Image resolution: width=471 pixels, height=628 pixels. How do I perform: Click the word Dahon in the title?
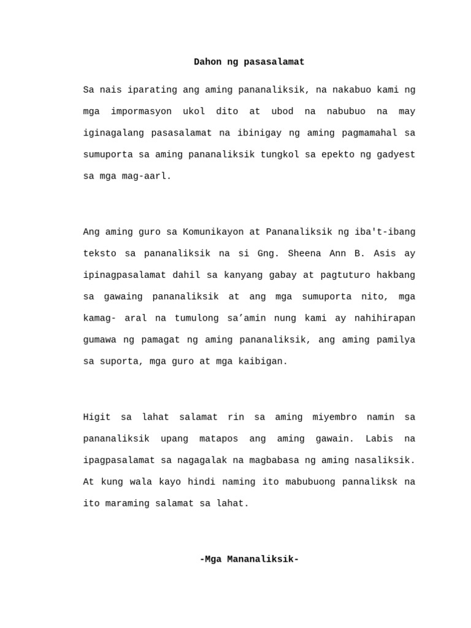click(208, 62)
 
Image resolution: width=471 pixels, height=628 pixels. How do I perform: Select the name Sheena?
click(304, 253)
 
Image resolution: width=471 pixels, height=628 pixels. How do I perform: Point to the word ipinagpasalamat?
click(124, 275)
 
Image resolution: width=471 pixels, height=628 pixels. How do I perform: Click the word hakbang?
click(396, 275)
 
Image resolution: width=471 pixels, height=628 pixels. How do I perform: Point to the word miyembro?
click(334, 417)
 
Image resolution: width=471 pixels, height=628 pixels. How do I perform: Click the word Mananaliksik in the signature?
click(252, 559)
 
